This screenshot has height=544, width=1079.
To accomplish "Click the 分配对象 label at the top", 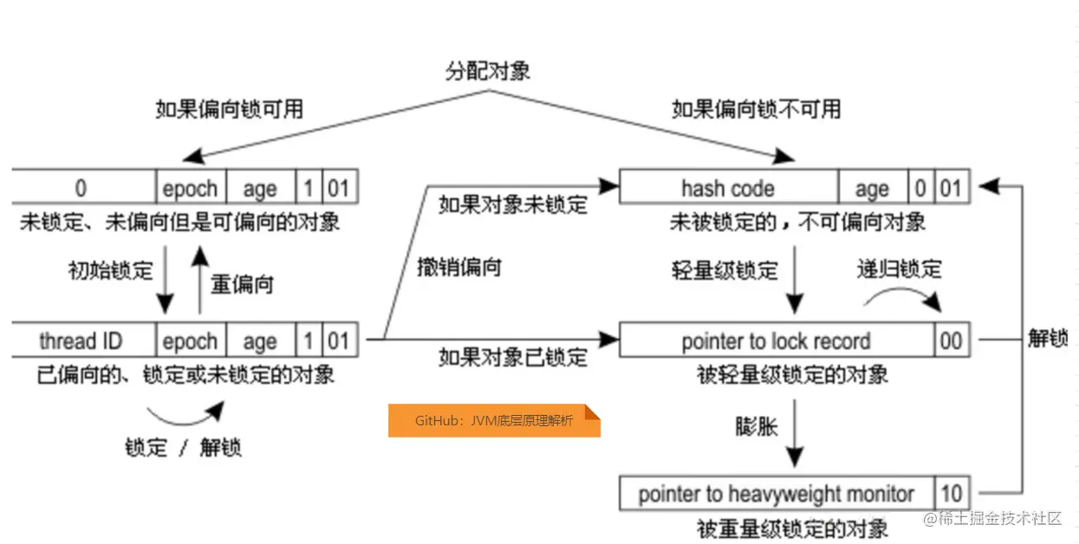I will (488, 71).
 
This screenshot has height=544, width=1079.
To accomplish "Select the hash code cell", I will (727, 188).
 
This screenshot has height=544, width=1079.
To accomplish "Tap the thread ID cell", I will (83, 340).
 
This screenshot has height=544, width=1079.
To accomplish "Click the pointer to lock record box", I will (776, 340).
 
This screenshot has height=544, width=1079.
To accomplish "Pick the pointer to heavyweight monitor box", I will (776, 494).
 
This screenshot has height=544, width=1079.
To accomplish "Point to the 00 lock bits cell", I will (951, 340).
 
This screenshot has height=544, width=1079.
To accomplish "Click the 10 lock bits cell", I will (951, 494).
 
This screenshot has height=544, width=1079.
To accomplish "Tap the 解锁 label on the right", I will (1048, 338).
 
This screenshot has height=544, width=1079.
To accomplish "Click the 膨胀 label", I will (756, 427).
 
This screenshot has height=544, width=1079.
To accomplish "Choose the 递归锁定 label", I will (899, 269).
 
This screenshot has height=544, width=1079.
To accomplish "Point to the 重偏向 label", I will (242, 283).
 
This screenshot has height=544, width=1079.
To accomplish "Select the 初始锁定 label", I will (110, 271).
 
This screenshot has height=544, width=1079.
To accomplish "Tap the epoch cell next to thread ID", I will (190, 340).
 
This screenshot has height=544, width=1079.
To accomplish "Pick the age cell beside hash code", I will (872, 188).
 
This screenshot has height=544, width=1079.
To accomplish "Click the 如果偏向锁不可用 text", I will (756, 109).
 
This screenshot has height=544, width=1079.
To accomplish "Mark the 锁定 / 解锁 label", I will (183, 447).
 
